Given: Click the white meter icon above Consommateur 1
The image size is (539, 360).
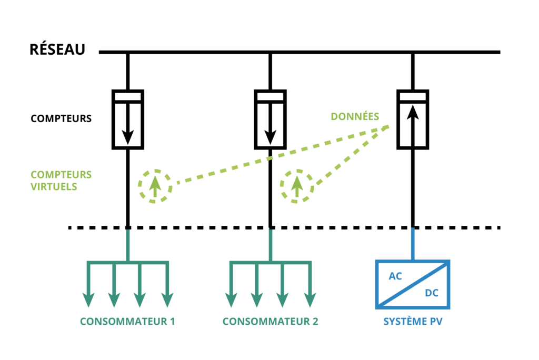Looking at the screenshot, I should pos(128,119).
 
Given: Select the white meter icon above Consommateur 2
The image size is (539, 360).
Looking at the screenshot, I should pos(270,119).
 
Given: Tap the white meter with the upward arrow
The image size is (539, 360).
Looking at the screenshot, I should pos(413,119).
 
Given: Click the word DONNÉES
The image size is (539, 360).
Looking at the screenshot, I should pos(355,116).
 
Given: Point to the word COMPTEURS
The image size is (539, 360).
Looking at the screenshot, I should pos(61,175).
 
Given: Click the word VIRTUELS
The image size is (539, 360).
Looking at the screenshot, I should pos(54,187).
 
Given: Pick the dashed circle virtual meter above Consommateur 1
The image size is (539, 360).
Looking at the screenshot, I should pos(155,186).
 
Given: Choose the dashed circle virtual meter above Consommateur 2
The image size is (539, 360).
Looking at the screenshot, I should pos(297,186).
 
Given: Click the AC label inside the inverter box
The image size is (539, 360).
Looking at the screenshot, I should pos(395,276).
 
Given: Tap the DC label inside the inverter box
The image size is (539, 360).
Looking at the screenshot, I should pos(432,293).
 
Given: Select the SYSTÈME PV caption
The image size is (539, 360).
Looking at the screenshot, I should pos(413,322).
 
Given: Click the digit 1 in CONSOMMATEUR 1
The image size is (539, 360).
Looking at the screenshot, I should pos(172,322).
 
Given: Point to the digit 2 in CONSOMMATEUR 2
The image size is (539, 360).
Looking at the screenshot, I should pos(315,322).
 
